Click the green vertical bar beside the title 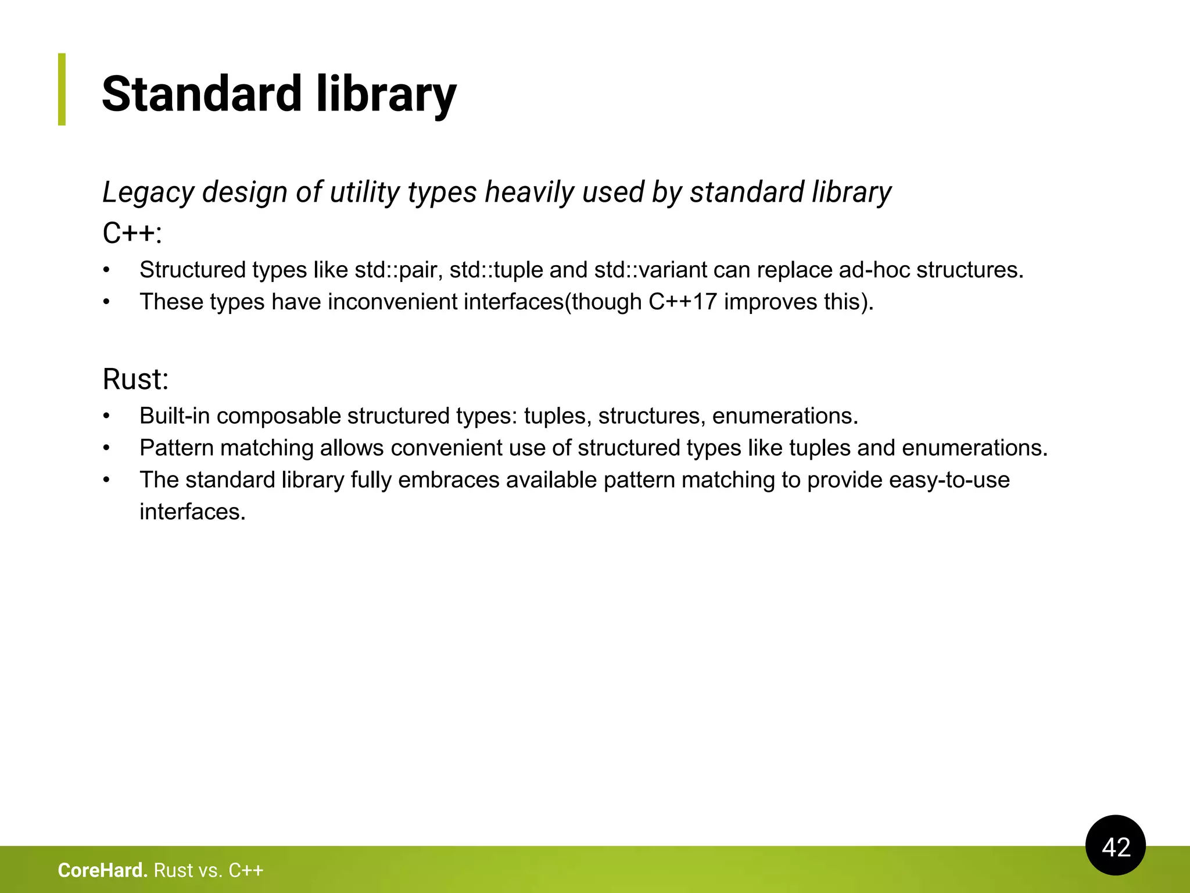pyautogui.click(x=62, y=89)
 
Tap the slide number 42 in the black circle pyautogui.click(x=1116, y=847)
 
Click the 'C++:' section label pyautogui.click(x=132, y=234)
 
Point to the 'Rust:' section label pyautogui.click(x=135, y=380)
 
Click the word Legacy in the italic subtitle pyautogui.click(x=148, y=192)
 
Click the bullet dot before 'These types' pyautogui.click(x=106, y=302)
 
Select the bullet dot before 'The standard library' pyautogui.click(x=106, y=480)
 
